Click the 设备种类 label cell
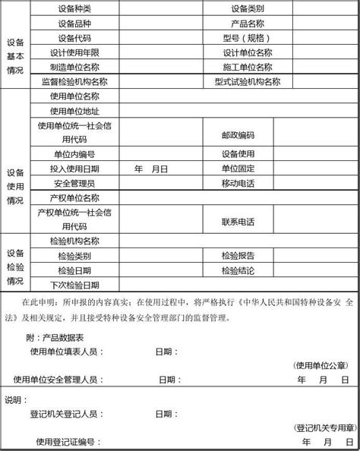73,9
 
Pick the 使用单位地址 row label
73,111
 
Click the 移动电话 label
238,184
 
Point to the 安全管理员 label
73,184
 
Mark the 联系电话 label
238,222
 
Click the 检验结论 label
238,270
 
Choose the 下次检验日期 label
73,285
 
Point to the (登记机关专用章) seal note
322,428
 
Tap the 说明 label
14,400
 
